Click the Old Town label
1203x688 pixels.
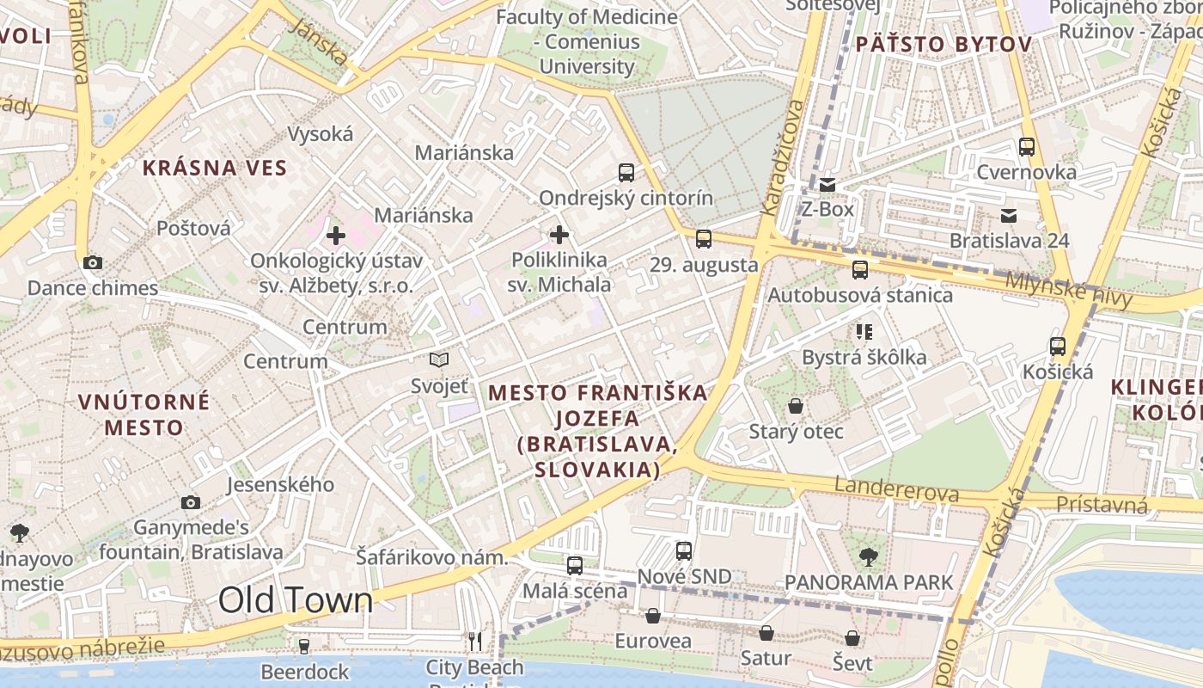tap(296, 599)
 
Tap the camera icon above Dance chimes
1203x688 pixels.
tap(93, 262)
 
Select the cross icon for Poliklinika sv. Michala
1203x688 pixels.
tap(559, 234)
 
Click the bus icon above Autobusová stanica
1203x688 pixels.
tap(860, 270)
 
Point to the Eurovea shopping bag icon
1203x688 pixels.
tap(653, 616)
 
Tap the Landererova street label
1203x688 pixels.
tap(896, 492)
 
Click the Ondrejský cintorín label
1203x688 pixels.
tap(626, 198)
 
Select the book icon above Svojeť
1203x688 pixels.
tap(439, 359)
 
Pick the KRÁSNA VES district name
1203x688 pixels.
tap(214, 168)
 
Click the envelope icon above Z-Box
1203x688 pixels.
tap(827, 184)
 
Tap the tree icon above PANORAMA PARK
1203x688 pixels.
tap(869, 557)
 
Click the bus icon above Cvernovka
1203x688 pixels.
tap(1027, 146)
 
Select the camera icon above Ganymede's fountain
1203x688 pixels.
tap(191, 502)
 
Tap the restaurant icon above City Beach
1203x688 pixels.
tap(475, 641)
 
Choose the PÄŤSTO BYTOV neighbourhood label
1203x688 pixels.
tap(943, 44)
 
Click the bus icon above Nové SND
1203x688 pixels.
tap(684, 550)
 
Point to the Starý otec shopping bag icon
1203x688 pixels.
tap(797, 405)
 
